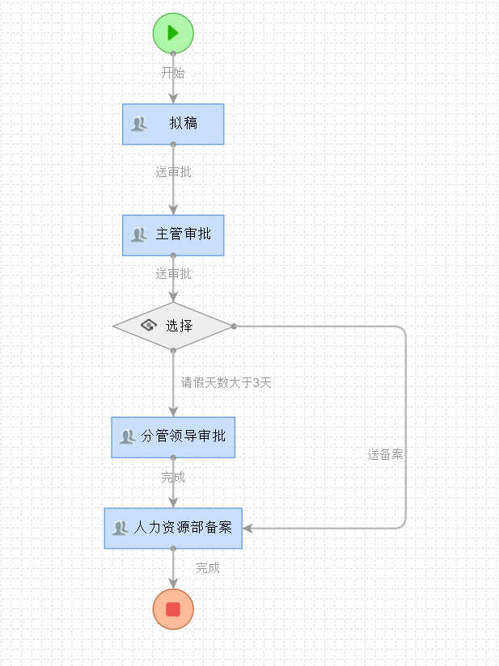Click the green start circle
tap(173, 33)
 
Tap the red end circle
tap(173, 609)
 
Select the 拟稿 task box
tap(173, 124)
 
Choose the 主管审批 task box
tap(173, 234)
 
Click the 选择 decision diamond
tap(173, 326)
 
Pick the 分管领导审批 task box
tap(173, 437)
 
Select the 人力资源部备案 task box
tap(173, 528)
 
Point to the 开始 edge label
tap(173, 73)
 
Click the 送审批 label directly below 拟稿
tap(173, 172)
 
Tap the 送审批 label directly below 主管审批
tap(173, 274)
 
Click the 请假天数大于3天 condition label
tap(226, 383)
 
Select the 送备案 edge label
tap(385, 455)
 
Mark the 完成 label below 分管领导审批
tap(173, 478)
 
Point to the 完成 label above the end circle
tap(207, 568)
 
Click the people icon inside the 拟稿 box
tap(139, 124)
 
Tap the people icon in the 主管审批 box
tap(139, 234)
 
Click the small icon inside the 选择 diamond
tap(148, 326)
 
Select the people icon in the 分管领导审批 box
tap(127, 437)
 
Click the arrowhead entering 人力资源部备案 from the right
tap(247, 528)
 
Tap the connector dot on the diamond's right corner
tap(234, 326)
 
